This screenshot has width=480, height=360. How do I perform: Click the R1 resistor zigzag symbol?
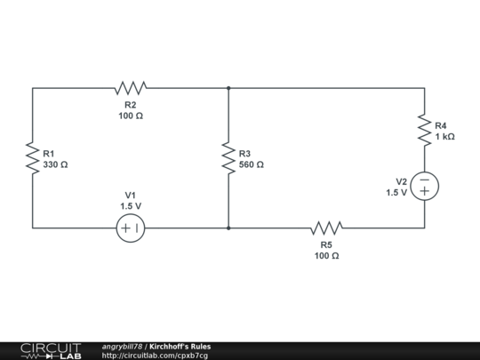pos(32,158)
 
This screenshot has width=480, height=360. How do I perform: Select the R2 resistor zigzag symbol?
pos(131,88)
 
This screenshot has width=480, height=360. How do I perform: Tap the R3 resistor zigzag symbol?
pos(228,158)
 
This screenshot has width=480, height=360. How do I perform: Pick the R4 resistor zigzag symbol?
pos(424,131)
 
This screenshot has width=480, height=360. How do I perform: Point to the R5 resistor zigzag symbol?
pos(326,228)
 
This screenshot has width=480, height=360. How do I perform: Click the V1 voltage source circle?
pos(131,228)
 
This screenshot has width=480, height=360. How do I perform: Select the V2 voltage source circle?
pos(424,186)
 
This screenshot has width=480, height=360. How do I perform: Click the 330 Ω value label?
pos(56,164)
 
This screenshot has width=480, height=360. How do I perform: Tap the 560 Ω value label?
pos(252,164)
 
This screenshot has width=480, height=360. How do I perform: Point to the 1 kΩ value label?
pos(444,137)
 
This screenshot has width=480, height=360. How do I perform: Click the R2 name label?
pos(131,105)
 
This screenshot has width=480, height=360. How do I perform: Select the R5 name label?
pos(326,244)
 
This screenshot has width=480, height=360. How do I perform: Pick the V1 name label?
pos(131,195)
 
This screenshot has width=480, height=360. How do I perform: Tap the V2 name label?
pos(401,180)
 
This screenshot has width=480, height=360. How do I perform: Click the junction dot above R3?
pos(228,88)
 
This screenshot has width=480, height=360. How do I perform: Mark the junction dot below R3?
pos(228,228)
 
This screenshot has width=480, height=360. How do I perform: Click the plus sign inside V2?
pos(424,191)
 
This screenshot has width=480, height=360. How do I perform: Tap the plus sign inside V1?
pos(125,228)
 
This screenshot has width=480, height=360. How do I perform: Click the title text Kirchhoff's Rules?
pos(180,346)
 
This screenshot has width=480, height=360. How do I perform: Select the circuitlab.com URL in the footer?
pos(155,356)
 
